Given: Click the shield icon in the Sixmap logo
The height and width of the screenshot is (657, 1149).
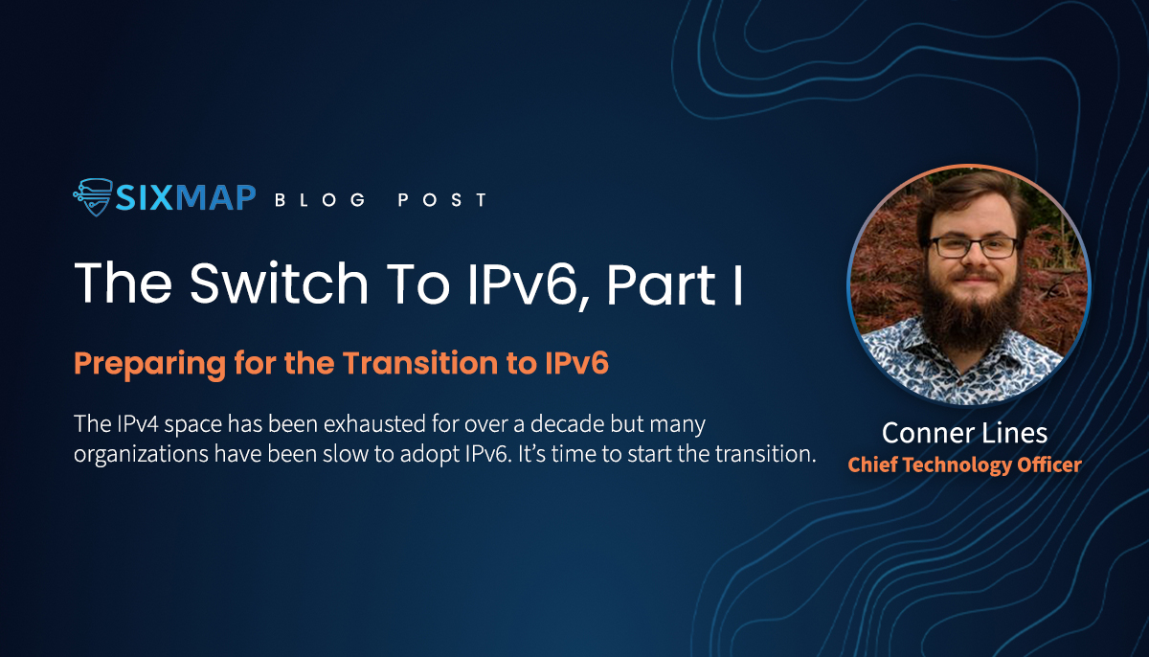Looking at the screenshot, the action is tap(93, 197).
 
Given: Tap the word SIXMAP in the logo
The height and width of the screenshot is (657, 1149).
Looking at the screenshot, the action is tap(185, 197).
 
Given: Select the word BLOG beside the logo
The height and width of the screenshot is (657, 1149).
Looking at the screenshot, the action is tap(320, 199).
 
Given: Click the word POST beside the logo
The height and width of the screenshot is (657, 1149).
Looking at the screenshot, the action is tap(442, 199).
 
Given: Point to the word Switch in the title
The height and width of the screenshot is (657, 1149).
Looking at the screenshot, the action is tap(279, 283).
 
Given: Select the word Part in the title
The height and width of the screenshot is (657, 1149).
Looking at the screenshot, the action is tap(662, 284).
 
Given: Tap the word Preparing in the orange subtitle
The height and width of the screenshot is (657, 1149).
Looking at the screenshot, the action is tap(149, 365).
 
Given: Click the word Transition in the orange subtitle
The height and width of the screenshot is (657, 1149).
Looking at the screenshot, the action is tap(420, 363).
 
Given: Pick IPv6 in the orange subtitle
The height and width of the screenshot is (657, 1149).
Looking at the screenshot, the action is tap(576, 363).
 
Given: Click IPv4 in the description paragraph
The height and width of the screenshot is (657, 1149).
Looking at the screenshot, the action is tap(138, 424).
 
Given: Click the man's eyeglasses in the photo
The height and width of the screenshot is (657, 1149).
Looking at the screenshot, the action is tap(973, 248).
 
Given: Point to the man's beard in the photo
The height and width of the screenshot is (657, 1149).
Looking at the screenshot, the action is tap(971, 313).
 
